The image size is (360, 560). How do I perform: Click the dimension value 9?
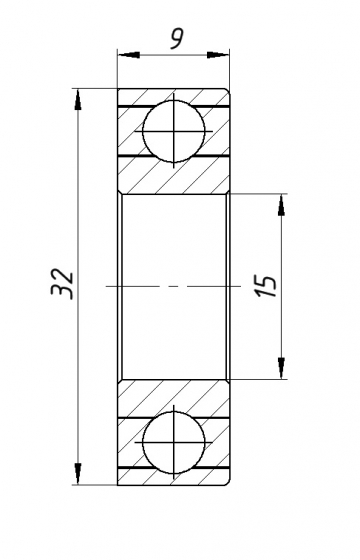tap(176, 38)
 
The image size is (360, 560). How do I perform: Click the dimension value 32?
tap(62, 283)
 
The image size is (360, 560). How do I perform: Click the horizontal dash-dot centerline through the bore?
tap(175, 287)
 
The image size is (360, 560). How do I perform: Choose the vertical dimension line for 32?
tap(78, 200)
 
